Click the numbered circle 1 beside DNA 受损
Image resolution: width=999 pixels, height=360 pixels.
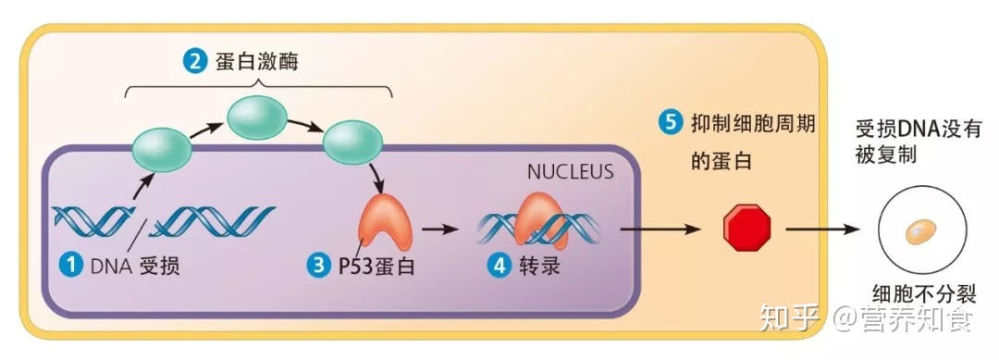coord(71,266)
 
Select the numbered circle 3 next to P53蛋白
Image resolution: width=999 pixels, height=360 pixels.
coord(318,266)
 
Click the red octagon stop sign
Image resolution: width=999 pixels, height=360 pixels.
coord(746,227)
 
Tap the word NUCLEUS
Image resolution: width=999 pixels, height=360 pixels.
coord(570,171)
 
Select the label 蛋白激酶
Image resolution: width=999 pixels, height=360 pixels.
coord(249,63)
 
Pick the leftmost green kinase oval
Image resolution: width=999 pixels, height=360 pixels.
coord(162,148)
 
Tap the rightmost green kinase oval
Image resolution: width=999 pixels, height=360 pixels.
coord(351,140)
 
